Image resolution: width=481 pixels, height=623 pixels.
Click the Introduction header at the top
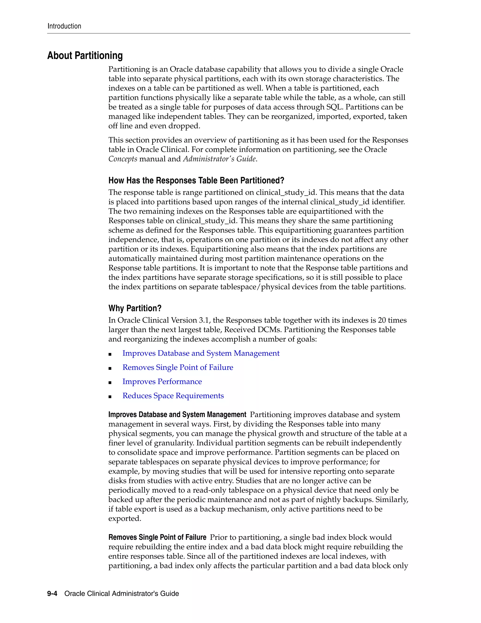[64, 26]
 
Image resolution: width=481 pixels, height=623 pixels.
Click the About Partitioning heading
[85, 56]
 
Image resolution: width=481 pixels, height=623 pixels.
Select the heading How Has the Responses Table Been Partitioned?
[196, 181]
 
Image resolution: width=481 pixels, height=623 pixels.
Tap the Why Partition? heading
[135, 308]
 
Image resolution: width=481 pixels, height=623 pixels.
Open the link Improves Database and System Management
[201, 353]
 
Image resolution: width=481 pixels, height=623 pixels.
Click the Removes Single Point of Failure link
[178, 367]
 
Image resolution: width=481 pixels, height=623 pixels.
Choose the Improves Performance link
[162, 382]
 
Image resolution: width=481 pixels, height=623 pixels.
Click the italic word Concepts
[123, 159]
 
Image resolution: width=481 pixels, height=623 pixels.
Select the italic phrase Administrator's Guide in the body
[219, 159]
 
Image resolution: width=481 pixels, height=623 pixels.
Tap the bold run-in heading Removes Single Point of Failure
[157, 537]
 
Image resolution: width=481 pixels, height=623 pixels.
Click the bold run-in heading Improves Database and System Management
[177, 415]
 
